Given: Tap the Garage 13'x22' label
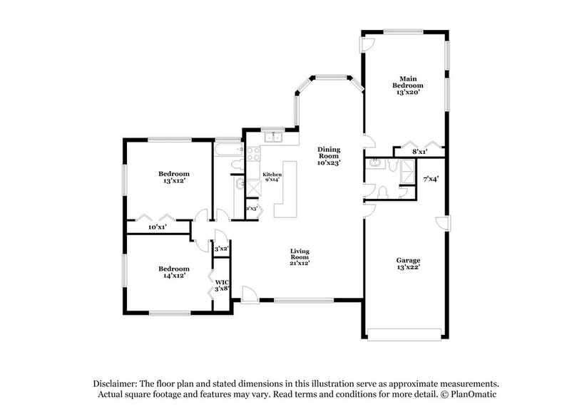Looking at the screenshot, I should point(408,264).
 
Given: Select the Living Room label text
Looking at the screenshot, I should point(300,257).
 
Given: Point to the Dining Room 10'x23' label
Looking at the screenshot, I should point(329,156).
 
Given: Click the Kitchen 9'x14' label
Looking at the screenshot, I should point(272,177).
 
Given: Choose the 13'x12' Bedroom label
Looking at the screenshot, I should point(173,177).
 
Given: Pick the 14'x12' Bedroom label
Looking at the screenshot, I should point(173,271).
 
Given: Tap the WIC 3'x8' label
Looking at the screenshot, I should point(222,285).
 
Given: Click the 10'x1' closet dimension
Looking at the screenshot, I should point(157,227).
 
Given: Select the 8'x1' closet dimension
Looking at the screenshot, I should point(420,151).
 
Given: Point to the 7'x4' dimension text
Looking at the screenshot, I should point(431,179).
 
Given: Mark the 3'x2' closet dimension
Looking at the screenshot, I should point(221,249).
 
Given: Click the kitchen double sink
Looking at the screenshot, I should point(271,138).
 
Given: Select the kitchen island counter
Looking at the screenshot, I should point(287,190).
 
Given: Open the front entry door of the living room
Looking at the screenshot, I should point(249,294).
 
